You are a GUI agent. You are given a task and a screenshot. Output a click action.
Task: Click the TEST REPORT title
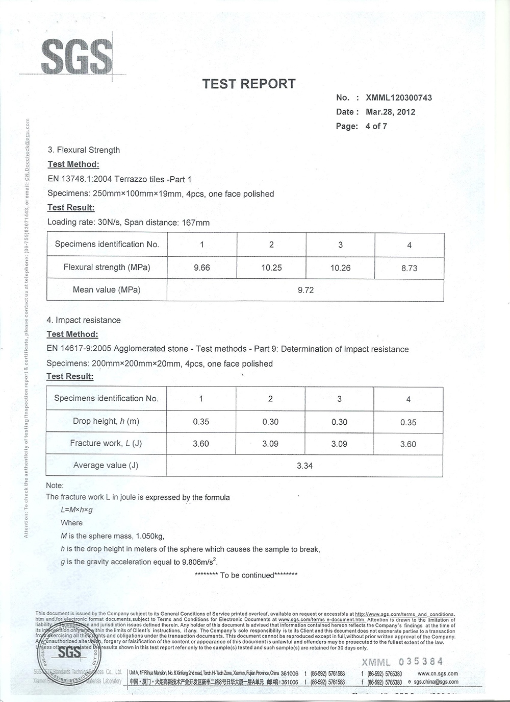click(249, 84)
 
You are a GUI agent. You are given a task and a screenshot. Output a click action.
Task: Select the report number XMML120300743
click(399, 98)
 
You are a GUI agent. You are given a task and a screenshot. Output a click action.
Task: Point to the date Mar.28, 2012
click(390, 112)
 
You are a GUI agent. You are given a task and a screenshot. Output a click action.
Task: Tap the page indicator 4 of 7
click(376, 126)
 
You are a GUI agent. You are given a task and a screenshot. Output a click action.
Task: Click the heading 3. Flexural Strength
click(84, 150)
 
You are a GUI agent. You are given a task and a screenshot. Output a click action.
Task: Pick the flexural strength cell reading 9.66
click(202, 268)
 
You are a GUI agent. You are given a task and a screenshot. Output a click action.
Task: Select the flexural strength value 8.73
click(409, 268)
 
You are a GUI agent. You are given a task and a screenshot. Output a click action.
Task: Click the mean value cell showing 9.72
click(305, 290)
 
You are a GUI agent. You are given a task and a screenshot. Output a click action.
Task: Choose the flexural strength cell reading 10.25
click(271, 268)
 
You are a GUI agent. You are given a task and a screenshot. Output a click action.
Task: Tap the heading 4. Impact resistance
click(84, 320)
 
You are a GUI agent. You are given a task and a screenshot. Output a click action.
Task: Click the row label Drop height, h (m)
click(106, 421)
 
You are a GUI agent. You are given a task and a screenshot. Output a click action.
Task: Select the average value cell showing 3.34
click(304, 466)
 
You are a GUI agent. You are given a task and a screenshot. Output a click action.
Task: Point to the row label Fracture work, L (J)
click(106, 443)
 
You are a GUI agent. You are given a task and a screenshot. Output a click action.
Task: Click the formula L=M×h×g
click(76, 510)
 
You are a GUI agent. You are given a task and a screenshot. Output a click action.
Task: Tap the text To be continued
click(247, 575)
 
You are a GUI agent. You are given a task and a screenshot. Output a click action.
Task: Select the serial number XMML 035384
click(402, 662)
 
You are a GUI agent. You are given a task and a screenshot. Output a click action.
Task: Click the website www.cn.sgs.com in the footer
click(438, 674)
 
